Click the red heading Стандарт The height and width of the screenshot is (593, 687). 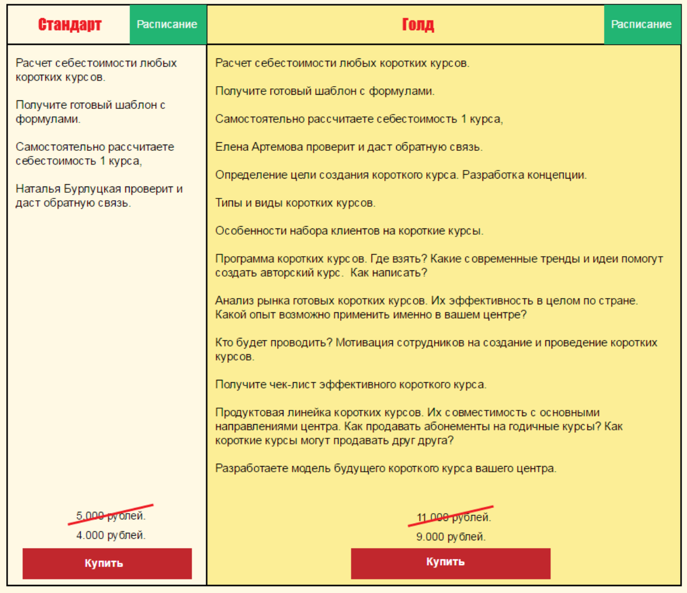click(70, 25)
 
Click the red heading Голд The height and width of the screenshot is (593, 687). click(418, 25)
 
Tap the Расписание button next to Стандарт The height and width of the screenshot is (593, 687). click(167, 24)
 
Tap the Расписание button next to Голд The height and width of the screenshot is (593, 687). click(641, 24)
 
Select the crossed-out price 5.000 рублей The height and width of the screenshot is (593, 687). click(111, 516)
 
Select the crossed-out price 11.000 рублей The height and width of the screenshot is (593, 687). click(453, 518)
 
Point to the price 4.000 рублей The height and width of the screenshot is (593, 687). click(111, 535)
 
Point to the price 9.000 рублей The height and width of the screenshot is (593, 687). click(451, 537)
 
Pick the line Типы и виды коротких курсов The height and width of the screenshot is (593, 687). click(295, 203)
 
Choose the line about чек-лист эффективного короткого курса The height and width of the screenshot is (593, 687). click(350, 384)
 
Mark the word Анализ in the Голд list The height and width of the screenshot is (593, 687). click(234, 300)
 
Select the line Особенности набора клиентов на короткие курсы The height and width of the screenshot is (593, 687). click(349, 231)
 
